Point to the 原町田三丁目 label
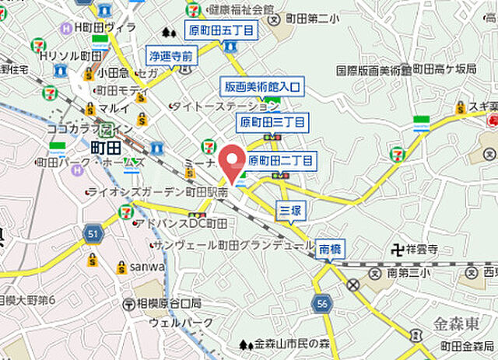point(272,122)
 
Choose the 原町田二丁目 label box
point(280,162)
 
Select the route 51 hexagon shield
point(93,232)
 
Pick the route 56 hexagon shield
point(321,303)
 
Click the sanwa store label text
point(147,267)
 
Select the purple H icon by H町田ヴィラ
point(66,29)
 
